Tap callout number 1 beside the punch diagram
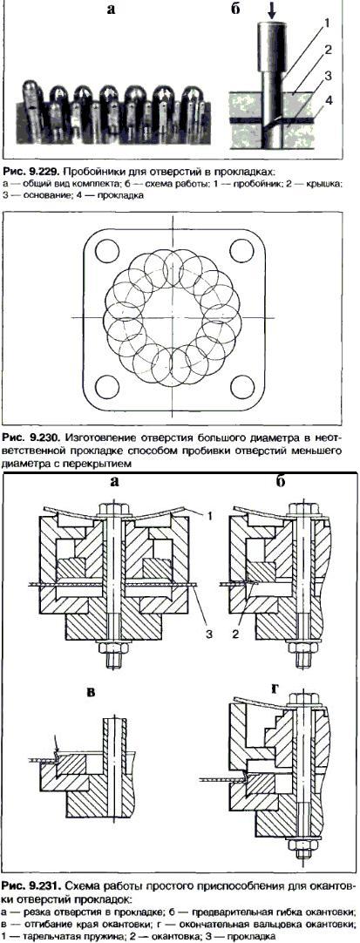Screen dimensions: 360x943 click(x=327, y=24)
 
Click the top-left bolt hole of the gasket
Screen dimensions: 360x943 click(x=105, y=248)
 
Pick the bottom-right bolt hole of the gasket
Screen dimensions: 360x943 click(x=241, y=385)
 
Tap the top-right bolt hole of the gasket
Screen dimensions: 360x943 click(x=241, y=248)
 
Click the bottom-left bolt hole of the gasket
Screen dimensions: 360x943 click(x=105, y=385)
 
